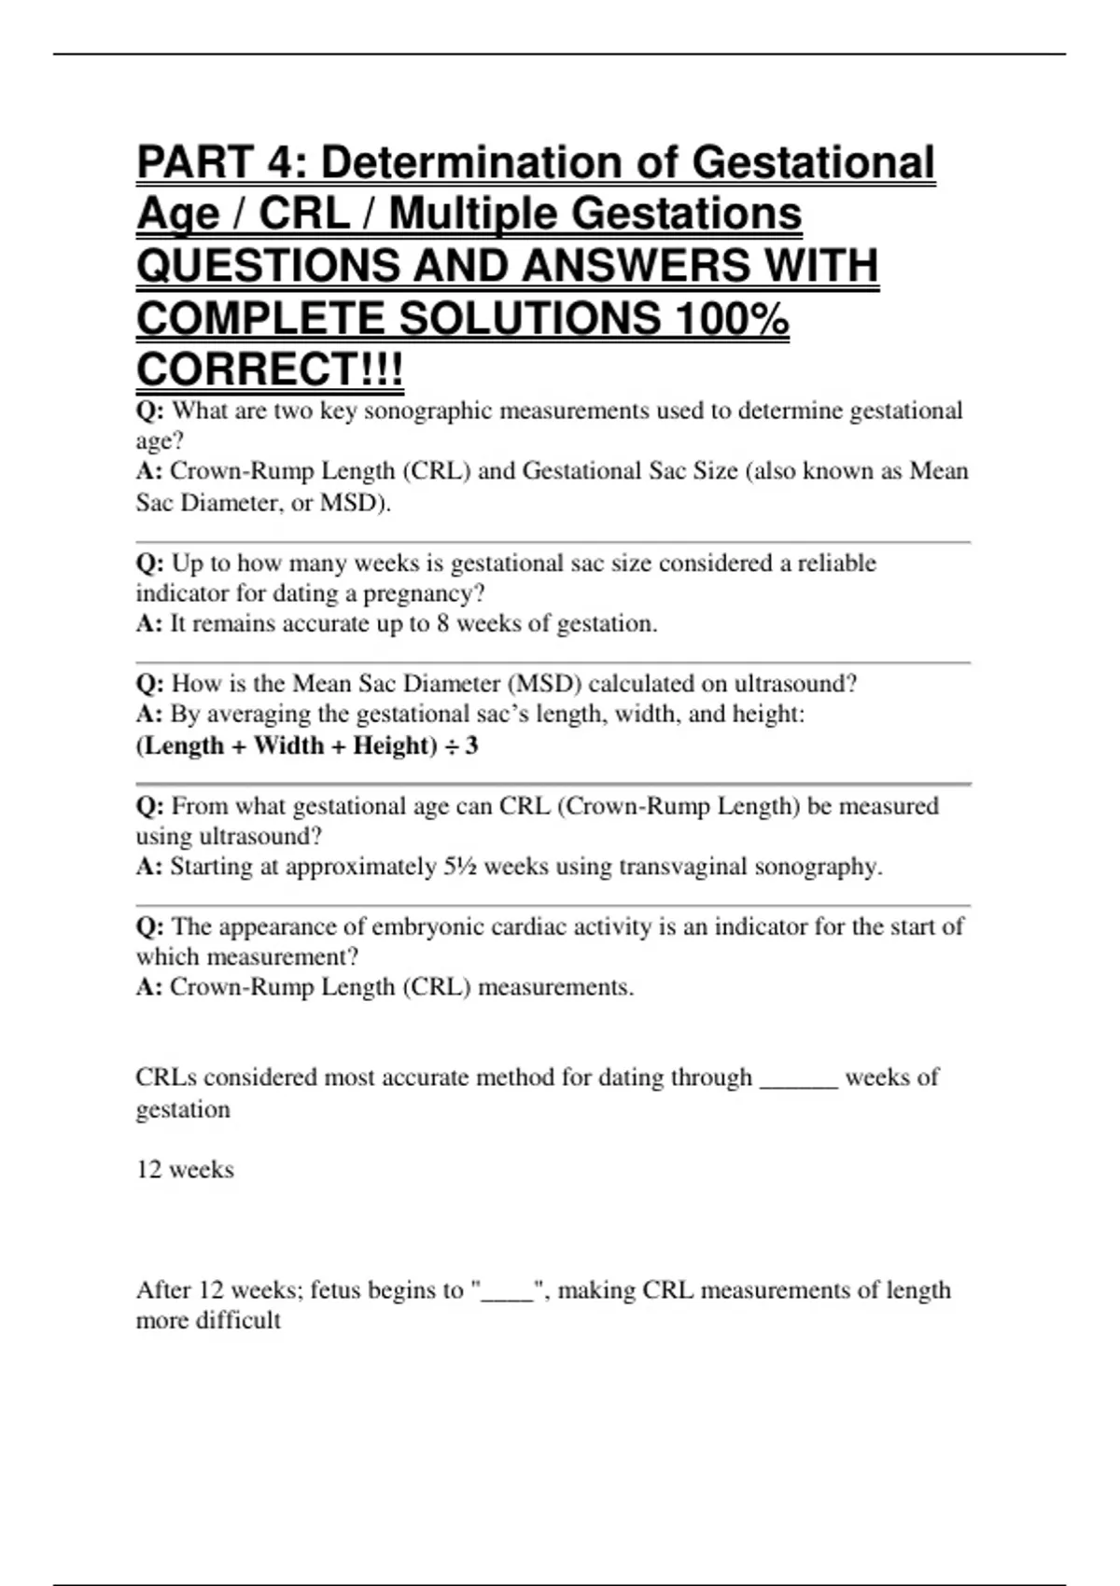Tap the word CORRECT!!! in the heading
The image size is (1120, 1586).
click(270, 369)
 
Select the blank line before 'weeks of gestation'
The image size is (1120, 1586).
click(799, 1082)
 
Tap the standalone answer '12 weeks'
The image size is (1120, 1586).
click(185, 1170)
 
